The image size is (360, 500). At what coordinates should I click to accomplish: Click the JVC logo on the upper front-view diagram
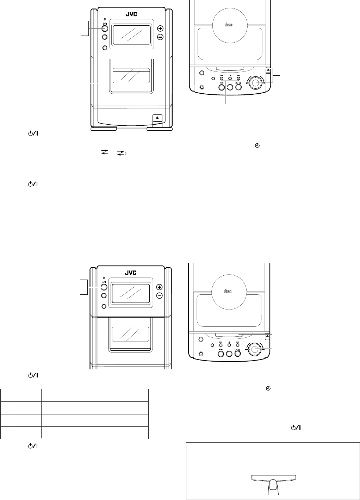click(131, 14)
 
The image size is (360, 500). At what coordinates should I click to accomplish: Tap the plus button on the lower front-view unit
click(160, 287)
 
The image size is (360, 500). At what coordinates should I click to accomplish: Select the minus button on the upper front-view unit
click(160, 37)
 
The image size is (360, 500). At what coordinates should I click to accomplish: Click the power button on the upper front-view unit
click(105, 29)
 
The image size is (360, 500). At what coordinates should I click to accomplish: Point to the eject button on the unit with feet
click(157, 117)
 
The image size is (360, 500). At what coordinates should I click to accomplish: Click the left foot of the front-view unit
click(104, 129)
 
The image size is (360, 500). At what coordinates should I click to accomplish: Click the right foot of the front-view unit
click(160, 129)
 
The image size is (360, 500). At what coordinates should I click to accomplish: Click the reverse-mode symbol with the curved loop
click(122, 153)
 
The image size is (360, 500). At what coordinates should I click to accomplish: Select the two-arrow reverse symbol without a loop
click(105, 152)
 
